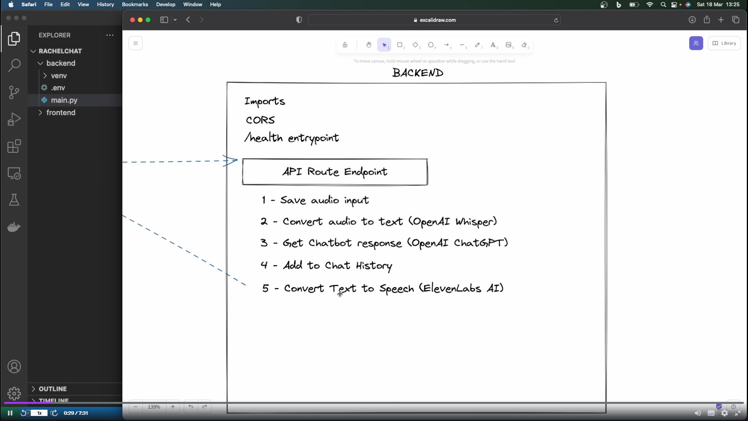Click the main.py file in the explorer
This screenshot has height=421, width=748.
click(x=64, y=100)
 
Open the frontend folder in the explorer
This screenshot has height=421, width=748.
click(x=60, y=113)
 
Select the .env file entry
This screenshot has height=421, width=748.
click(x=58, y=88)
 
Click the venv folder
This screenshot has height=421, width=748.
click(x=58, y=76)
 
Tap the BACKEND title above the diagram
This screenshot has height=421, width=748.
click(x=418, y=73)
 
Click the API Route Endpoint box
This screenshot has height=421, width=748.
click(x=335, y=172)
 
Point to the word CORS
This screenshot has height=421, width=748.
click(x=260, y=120)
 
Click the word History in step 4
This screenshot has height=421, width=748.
click(x=374, y=266)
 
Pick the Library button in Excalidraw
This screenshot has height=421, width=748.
click(x=724, y=43)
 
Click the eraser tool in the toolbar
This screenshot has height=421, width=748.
click(x=524, y=45)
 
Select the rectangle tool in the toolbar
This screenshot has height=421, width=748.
click(x=400, y=45)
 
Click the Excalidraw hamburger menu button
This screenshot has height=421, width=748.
click(x=136, y=43)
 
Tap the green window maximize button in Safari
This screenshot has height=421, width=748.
click(x=148, y=20)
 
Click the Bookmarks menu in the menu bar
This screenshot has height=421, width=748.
click(x=135, y=5)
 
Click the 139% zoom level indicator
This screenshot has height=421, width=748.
click(x=154, y=407)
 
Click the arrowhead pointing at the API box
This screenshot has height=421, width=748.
click(x=232, y=160)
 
